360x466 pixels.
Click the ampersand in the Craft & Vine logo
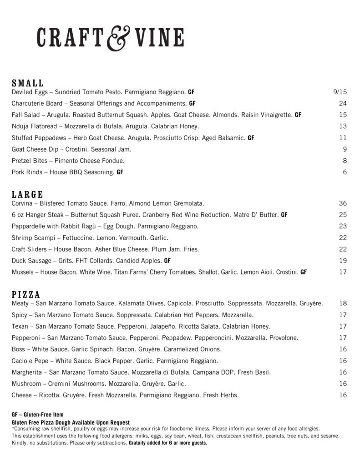pyautogui.click(x=118, y=39)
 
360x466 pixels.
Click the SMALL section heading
pyautogui.click(x=28, y=83)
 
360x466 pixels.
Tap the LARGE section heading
pyautogui.click(x=28, y=194)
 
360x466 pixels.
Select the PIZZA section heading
pyautogui.click(x=26, y=294)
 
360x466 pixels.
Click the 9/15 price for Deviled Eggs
pyautogui.click(x=340, y=92)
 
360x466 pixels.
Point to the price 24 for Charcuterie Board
pyautogui.click(x=343, y=103)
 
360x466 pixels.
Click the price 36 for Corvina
pyautogui.click(x=343, y=203)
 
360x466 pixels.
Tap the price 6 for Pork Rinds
pyautogui.click(x=345, y=172)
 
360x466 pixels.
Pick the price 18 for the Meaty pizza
pyautogui.click(x=343, y=303)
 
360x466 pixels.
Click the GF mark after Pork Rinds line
pyautogui.click(x=120, y=172)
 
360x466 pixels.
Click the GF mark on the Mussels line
pyautogui.click(x=304, y=272)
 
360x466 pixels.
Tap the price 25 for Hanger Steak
pyautogui.click(x=343, y=214)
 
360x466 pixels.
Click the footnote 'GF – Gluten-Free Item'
pyautogui.click(x=37, y=415)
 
